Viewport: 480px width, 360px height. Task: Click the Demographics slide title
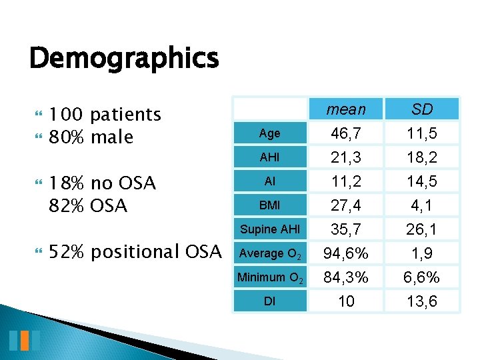pyautogui.click(x=124, y=59)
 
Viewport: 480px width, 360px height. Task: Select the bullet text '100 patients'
pyautogui.click(x=105, y=115)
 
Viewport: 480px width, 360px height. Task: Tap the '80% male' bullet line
pyautogui.click(x=91, y=137)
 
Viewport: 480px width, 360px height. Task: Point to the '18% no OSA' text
pyautogui.click(x=103, y=183)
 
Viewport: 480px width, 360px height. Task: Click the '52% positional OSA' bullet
pyautogui.click(x=135, y=252)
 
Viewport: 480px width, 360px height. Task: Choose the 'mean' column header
pyautogui.click(x=346, y=109)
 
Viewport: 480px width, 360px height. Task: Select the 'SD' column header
pyautogui.click(x=421, y=109)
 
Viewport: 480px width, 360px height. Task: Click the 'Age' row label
pyautogui.click(x=269, y=133)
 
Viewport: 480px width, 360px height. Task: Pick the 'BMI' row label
pyautogui.click(x=269, y=205)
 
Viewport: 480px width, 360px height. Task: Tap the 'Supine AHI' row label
pyautogui.click(x=269, y=229)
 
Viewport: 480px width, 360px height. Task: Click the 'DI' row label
pyautogui.click(x=269, y=301)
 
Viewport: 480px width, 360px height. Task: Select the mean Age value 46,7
pyautogui.click(x=346, y=133)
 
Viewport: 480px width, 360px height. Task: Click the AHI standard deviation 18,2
pyautogui.click(x=421, y=157)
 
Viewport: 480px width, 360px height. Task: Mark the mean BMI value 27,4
pyautogui.click(x=346, y=205)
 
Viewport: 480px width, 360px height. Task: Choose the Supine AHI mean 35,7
pyautogui.click(x=346, y=229)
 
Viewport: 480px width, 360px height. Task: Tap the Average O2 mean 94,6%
pyautogui.click(x=346, y=253)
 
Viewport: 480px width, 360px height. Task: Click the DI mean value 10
pyautogui.click(x=346, y=301)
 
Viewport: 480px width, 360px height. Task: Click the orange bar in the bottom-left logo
pyautogui.click(x=24, y=340)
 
